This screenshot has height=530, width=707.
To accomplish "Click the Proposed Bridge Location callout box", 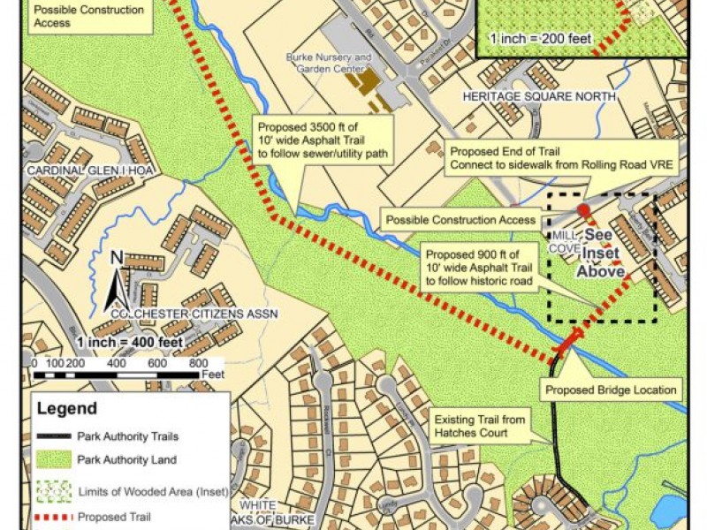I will click(611, 390).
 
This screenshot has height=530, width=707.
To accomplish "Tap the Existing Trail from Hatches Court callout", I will click(483, 425).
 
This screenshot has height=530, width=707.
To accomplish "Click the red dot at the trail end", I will click(583, 209).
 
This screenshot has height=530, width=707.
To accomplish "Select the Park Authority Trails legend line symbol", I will click(55, 436).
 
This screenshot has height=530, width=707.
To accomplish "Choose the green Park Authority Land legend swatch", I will click(55, 459).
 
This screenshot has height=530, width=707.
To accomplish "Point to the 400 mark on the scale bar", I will click(116, 364).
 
